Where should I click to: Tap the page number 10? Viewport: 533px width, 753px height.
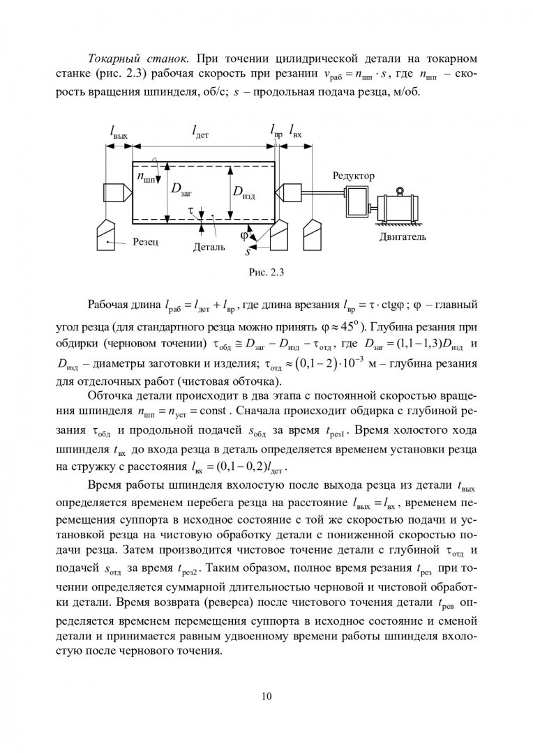tap(266, 695)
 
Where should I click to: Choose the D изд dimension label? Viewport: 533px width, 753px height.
tap(243, 191)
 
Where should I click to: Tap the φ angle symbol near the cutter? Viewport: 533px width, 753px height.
tap(244, 235)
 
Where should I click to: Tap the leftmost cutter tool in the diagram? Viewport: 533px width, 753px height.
tap(110, 234)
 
